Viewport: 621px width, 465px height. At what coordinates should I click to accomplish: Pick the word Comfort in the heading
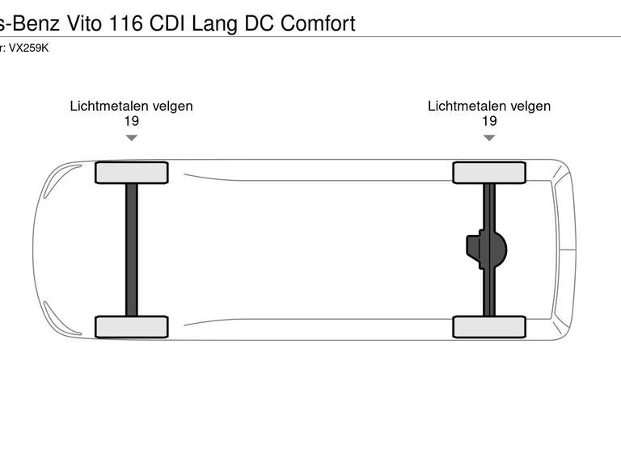click(318, 23)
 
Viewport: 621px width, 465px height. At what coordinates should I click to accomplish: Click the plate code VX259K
click(29, 47)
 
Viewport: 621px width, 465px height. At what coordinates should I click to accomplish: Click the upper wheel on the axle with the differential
click(489, 173)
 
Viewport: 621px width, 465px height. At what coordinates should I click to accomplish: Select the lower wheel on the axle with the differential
click(489, 327)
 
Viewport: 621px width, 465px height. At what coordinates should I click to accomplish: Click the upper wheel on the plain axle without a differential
click(132, 173)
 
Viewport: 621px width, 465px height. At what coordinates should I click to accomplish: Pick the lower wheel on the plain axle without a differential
click(132, 327)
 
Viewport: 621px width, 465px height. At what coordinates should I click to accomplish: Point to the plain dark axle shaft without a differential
click(132, 250)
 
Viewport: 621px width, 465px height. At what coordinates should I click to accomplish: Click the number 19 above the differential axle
click(489, 121)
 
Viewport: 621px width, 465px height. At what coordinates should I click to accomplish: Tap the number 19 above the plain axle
click(131, 121)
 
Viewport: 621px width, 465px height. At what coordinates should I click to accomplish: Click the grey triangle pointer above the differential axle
click(489, 138)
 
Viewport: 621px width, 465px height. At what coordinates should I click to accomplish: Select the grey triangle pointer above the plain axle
click(131, 138)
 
